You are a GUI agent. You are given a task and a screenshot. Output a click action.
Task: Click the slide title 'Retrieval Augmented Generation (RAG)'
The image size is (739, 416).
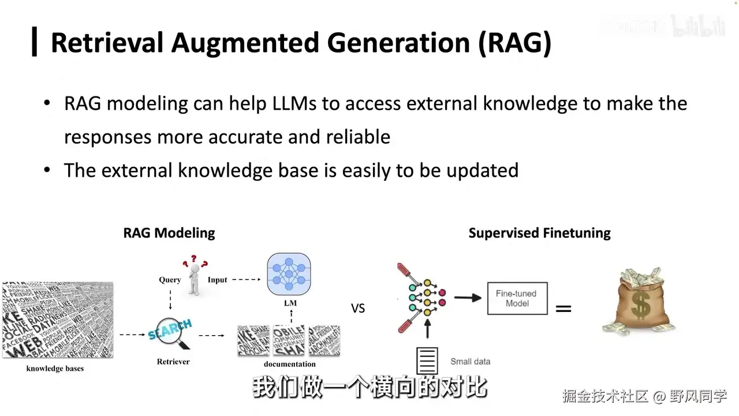pyautogui.click(x=301, y=43)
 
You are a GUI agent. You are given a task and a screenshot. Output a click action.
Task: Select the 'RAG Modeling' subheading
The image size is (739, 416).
pyautogui.click(x=169, y=233)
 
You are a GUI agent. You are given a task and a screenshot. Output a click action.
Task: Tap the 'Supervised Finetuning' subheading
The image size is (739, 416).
pyautogui.click(x=539, y=233)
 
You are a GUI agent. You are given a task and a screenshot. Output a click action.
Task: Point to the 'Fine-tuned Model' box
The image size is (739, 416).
pyautogui.click(x=517, y=298)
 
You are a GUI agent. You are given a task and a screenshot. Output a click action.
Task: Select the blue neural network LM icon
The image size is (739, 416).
pyautogui.click(x=289, y=274)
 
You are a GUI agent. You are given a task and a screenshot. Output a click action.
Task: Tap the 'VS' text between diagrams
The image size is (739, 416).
pyautogui.click(x=358, y=309)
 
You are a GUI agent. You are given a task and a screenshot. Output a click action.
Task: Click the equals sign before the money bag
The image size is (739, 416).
pyautogui.click(x=563, y=309)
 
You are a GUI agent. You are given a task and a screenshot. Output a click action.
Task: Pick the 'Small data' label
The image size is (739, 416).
pyautogui.click(x=470, y=362)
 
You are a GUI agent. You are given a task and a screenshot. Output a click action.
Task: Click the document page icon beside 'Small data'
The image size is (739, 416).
pyautogui.click(x=427, y=361)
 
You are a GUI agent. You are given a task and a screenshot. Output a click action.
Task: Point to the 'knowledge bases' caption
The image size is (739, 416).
pyautogui.click(x=55, y=369)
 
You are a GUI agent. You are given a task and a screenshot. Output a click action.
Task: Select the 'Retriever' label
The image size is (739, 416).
pyautogui.click(x=173, y=362)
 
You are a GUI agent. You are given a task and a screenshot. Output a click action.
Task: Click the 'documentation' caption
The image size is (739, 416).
pyautogui.click(x=290, y=364)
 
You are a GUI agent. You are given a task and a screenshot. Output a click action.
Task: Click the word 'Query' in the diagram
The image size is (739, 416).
pyautogui.click(x=170, y=280)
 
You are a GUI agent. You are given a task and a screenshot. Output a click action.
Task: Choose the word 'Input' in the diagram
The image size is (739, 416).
pyautogui.click(x=218, y=280)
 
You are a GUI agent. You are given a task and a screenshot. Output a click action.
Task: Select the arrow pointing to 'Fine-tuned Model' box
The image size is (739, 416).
pyautogui.click(x=468, y=298)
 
